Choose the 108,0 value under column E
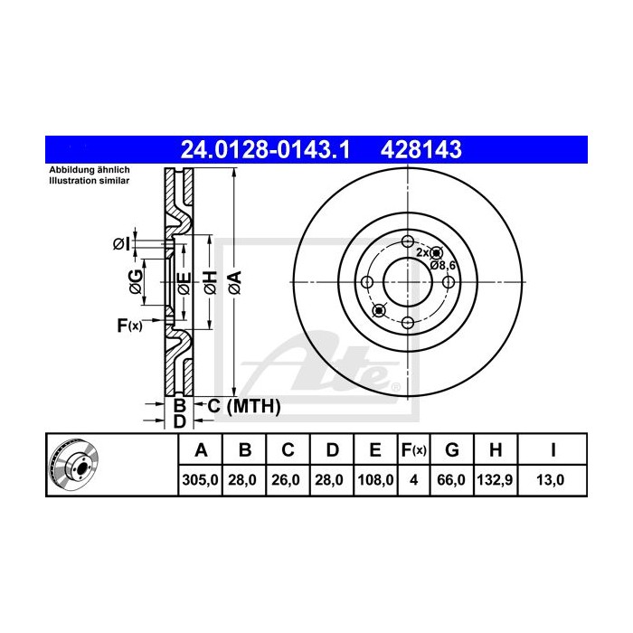pos(374,482)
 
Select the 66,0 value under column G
pos(455,482)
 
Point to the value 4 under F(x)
pos(414,482)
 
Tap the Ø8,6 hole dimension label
pos(441,265)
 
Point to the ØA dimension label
pos(234,282)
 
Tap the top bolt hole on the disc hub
pos(407,241)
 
